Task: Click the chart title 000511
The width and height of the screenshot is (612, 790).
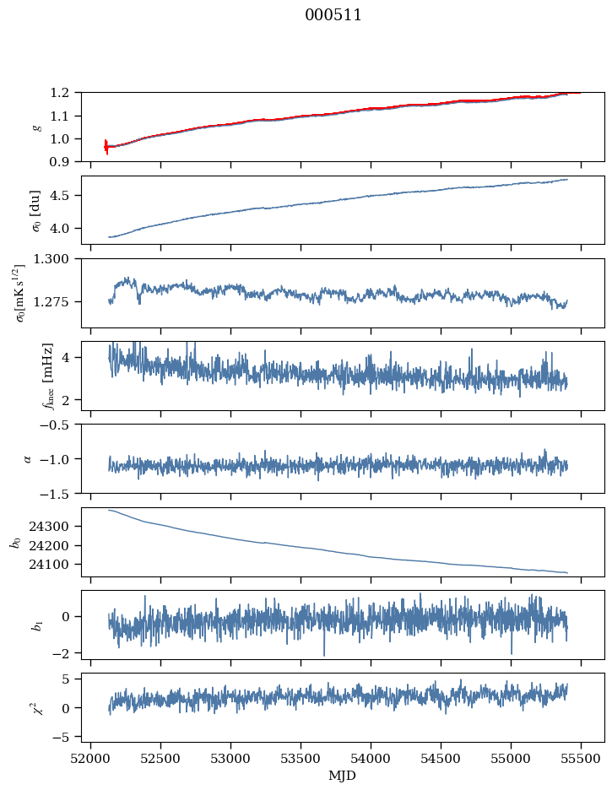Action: (333, 15)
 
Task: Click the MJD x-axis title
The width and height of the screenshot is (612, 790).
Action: (343, 775)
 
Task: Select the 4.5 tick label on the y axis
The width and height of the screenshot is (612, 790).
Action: (64, 196)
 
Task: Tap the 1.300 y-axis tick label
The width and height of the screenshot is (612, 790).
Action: (57, 259)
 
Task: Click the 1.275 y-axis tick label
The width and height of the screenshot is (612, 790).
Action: (57, 301)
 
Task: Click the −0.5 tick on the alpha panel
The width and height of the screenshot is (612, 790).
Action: (59, 425)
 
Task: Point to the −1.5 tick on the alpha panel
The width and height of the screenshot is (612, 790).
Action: (59, 493)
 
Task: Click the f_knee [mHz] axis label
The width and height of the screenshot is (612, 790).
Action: (47, 376)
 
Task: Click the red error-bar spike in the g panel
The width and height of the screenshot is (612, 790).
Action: (106, 146)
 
